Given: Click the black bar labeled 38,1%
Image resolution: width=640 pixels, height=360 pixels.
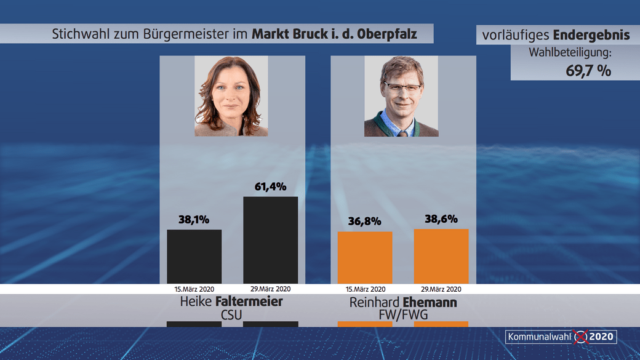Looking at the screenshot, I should (194, 256).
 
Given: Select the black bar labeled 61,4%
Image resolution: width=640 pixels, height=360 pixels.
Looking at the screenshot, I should (271, 240).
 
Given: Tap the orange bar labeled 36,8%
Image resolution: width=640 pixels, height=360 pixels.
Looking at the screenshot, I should (365, 257).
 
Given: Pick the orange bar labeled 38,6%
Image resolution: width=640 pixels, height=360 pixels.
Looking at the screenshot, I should (441, 256).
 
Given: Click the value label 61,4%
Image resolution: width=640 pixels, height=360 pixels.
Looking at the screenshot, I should (271, 186).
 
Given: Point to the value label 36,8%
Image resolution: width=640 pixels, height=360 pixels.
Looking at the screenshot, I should (365, 221).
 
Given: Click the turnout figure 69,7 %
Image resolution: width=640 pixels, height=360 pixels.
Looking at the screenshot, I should (588, 70).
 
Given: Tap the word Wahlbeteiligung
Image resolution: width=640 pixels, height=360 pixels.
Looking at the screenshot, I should (569, 53).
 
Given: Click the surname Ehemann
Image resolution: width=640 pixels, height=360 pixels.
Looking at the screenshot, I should (430, 303).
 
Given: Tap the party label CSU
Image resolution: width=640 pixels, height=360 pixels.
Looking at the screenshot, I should (231, 315).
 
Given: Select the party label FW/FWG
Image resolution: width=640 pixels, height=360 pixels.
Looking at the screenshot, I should (403, 315).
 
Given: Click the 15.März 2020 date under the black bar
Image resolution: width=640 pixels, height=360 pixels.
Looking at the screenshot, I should (194, 289).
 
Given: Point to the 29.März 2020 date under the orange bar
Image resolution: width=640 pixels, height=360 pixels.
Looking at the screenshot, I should (441, 289).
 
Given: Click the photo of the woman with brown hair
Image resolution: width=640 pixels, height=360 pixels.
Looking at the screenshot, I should (231, 96).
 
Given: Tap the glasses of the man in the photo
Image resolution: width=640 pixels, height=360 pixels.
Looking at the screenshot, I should (402, 87).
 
